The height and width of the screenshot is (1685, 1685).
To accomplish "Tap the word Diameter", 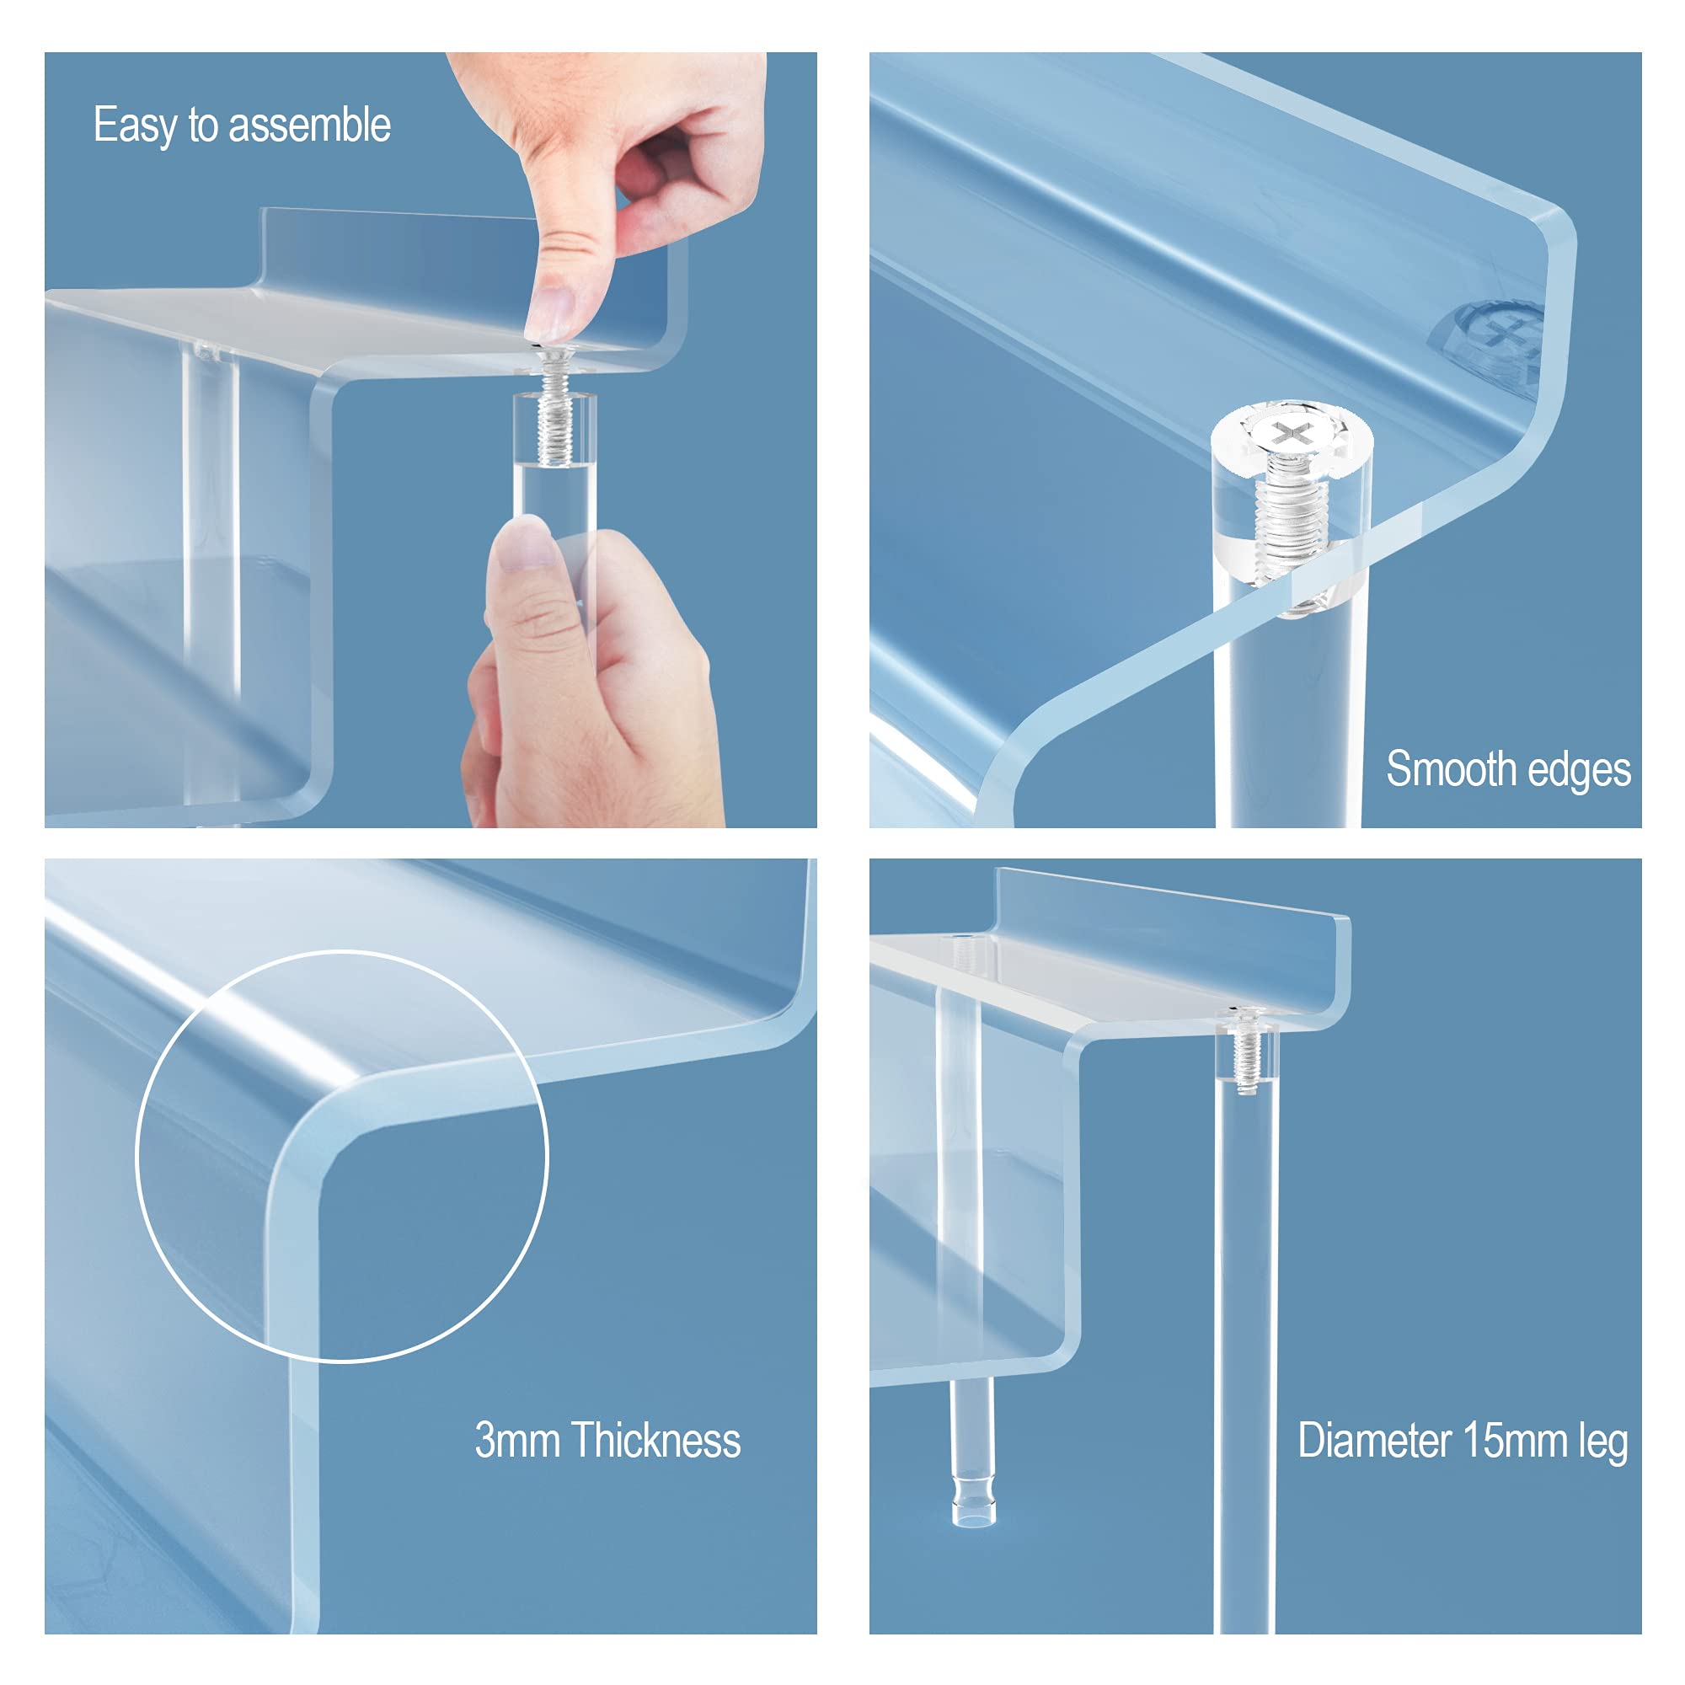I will pyautogui.click(x=1374, y=1440).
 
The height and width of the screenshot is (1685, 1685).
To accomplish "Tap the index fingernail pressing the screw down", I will pyautogui.click(x=551, y=313).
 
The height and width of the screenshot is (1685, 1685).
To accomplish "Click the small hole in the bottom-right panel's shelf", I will pyautogui.click(x=963, y=939).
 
